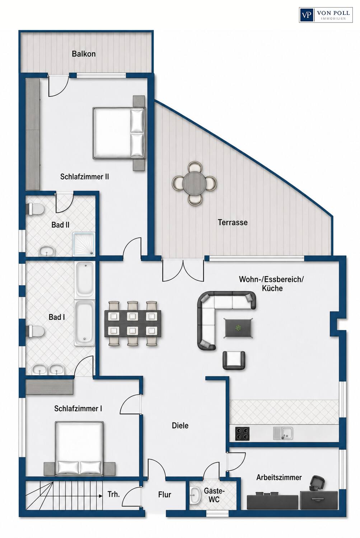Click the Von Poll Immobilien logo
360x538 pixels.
(326, 15)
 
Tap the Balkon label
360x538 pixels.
(84, 54)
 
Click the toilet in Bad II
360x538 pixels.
(36, 208)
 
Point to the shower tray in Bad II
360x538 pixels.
(84, 244)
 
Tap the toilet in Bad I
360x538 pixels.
(36, 331)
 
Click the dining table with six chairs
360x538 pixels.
(133, 323)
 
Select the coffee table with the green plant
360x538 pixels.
(238, 328)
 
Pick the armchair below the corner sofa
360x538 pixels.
(234, 360)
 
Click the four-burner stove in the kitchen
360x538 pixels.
(242, 434)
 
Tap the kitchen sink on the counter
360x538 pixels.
(283, 433)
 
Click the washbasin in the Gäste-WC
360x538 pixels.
(195, 496)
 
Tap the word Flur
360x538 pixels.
(165, 495)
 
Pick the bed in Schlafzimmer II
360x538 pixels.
(119, 133)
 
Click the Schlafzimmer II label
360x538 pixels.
(85, 177)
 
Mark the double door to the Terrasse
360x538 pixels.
(183, 270)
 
